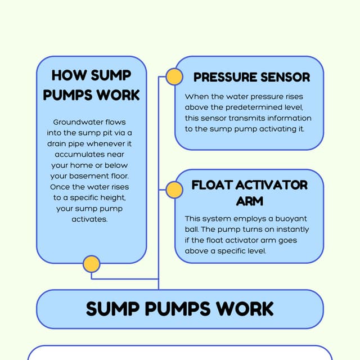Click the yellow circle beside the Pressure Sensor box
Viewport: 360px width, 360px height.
click(174, 76)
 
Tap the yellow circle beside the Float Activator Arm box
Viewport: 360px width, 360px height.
click(174, 190)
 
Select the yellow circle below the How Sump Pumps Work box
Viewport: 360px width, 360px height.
click(91, 264)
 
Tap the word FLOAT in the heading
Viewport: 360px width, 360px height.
click(212, 185)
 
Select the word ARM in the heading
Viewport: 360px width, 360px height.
click(250, 201)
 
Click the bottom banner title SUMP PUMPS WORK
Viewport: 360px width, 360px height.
click(180, 308)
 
